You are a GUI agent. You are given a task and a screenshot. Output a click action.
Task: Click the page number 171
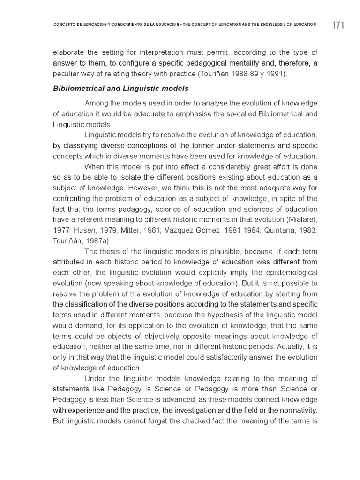point(338,25)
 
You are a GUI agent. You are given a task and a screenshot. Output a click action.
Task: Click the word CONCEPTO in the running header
point(65,24)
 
